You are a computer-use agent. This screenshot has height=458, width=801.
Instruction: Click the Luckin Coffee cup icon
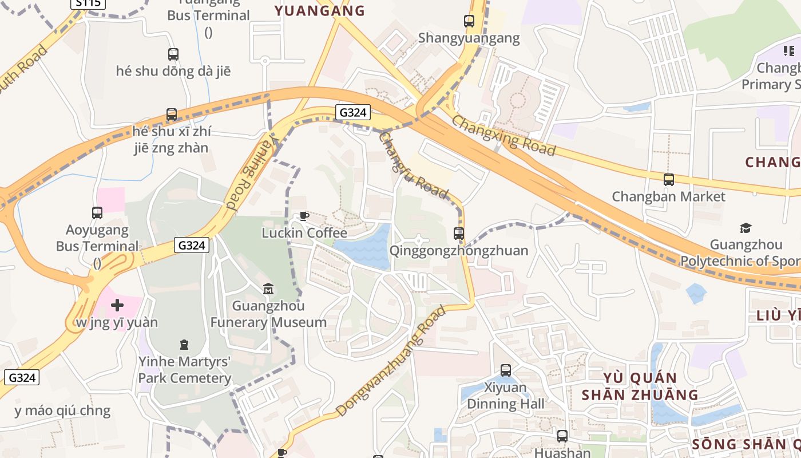[304, 216]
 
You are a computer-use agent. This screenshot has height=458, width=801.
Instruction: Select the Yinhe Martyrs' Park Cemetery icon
[184, 345]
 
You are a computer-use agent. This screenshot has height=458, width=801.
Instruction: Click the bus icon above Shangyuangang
[469, 21]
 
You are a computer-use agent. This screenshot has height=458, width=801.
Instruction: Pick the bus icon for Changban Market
[669, 179]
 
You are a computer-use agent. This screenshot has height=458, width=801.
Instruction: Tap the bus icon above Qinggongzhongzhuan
[459, 234]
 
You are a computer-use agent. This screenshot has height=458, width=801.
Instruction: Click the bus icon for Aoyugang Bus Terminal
[97, 213]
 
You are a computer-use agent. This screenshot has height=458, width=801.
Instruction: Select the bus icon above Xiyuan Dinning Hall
[506, 370]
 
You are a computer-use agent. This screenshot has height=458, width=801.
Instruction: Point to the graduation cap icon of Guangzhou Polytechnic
[746, 228]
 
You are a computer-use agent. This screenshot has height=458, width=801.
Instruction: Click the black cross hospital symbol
[117, 305]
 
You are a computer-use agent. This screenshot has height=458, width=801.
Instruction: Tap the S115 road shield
[88, 3]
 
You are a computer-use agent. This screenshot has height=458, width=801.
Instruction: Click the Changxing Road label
[503, 135]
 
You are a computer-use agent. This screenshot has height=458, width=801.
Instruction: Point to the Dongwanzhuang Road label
[390, 361]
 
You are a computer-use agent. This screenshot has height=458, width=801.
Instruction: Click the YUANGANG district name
[319, 10]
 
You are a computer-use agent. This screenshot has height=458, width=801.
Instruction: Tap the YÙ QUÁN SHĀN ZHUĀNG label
[640, 386]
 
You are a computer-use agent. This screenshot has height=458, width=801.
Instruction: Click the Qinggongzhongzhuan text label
[459, 251]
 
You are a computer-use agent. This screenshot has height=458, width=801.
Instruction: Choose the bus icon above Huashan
[562, 436]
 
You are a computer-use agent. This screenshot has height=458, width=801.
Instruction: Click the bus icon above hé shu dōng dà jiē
[173, 54]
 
